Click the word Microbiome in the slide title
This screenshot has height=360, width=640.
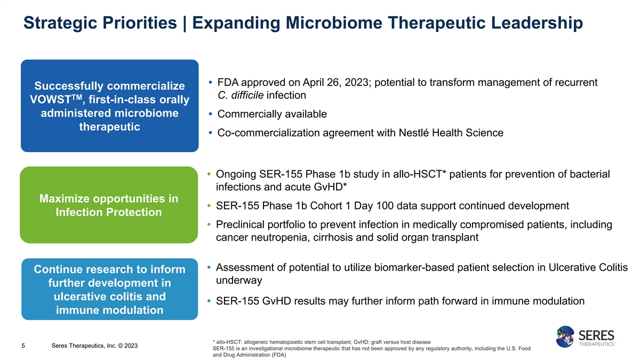click(334, 22)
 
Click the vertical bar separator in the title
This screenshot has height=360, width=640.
click(185, 23)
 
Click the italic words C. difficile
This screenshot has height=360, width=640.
click(241, 95)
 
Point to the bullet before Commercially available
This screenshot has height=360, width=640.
click(211, 114)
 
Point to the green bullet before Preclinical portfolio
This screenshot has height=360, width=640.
click(209, 225)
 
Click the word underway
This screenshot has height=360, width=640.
click(239, 281)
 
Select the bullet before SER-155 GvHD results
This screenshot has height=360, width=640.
click(209, 301)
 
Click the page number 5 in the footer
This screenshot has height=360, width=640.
click(23, 346)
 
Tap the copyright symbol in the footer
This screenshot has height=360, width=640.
click(121, 346)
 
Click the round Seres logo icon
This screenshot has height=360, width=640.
click(565, 337)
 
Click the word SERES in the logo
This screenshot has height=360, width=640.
click(596, 335)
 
